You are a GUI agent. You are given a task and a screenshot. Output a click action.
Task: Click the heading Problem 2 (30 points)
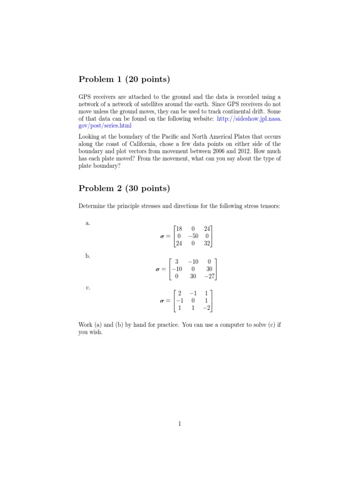pos(124,188)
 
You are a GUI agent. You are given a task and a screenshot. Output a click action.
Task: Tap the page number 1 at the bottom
pos(180,424)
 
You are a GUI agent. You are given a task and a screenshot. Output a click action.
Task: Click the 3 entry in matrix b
pos(177,262)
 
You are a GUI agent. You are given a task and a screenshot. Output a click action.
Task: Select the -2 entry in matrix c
pos(207,308)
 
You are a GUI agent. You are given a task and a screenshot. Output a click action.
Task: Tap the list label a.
pos(88,223)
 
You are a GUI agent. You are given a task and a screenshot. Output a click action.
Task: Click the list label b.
pos(88,256)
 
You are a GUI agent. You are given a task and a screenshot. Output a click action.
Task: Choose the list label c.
pos(88,288)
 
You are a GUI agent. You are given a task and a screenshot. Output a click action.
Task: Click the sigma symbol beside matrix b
pos(158,270)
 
